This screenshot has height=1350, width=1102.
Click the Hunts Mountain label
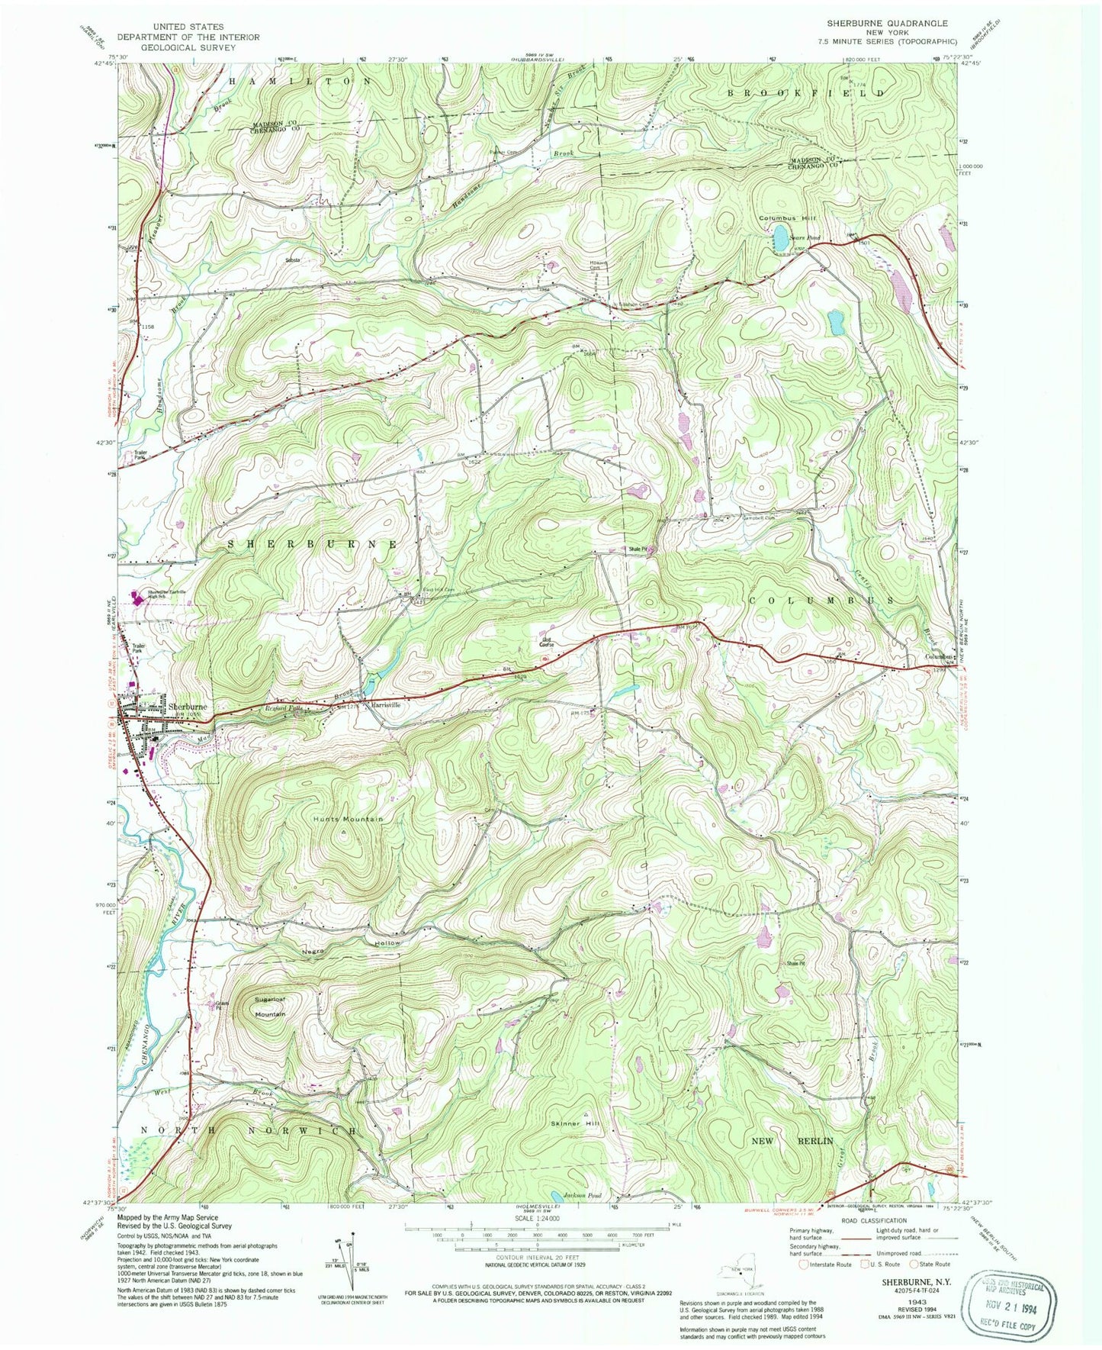click(347, 819)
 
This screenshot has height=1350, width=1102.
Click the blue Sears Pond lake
click(779, 236)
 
